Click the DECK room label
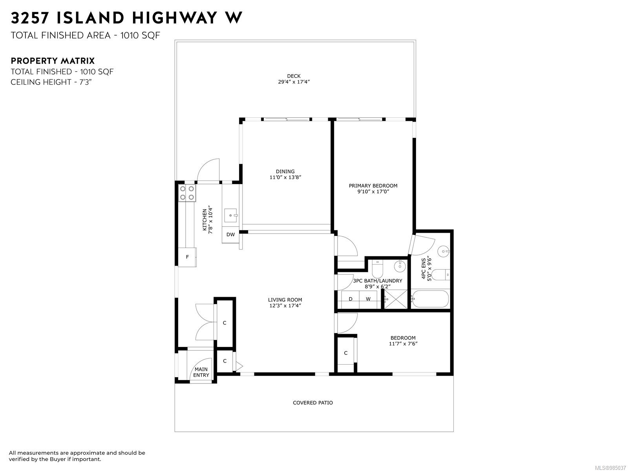coord(294,76)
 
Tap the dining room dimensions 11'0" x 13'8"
coord(285,177)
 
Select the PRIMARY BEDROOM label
coord(373,186)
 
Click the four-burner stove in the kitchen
coord(187,193)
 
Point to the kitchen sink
coord(231,215)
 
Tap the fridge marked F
coord(187,257)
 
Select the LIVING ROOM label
coord(285,300)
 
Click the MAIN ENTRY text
coord(201,372)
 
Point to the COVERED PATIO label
coord(313,403)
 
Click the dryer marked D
coord(351,299)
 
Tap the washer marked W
coord(368,299)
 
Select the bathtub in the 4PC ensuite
coord(430,299)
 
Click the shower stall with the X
coord(395,299)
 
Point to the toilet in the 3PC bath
coord(377,268)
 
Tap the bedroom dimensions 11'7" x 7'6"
coord(403,344)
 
